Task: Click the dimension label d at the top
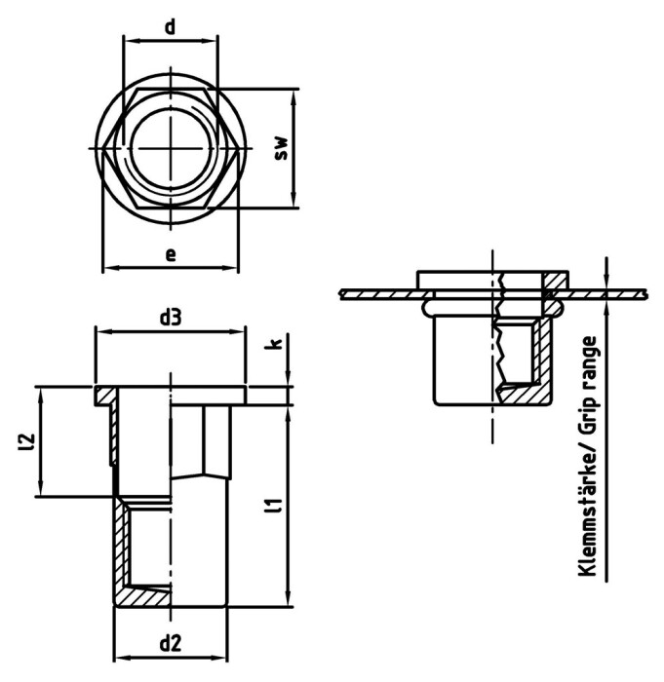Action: point(170,26)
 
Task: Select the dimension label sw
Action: point(281,148)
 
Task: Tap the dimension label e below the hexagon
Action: point(171,254)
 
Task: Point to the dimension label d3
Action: point(171,317)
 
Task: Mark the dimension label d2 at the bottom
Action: point(170,643)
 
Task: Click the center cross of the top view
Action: point(170,148)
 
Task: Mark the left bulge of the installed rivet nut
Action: point(424,307)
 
